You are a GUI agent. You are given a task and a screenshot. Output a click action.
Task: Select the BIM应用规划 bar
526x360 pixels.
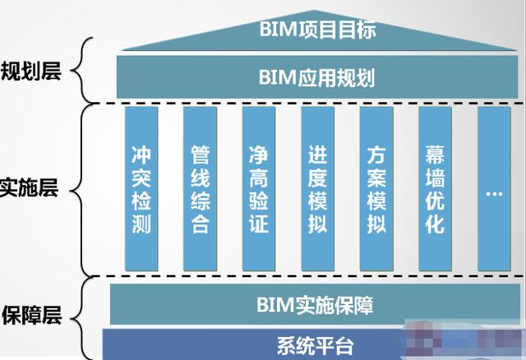pyautogui.click(x=317, y=77)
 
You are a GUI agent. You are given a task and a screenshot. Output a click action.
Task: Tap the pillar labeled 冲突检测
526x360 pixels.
pyautogui.click(x=141, y=189)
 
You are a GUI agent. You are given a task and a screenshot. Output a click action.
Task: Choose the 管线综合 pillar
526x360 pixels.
pyautogui.click(x=200, y=189)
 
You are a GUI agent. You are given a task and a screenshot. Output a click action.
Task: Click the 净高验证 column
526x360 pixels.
pyautogui.click(x=259, y=189)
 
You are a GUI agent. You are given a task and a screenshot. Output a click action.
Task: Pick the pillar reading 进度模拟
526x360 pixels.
pyautogui.click(x=318, y=189)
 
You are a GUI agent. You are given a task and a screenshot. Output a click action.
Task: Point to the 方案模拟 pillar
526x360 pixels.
pyautogui.click(x=376, y=189)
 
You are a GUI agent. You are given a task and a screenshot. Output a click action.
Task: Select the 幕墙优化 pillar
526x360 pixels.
pyautogui.click(x=435, y=189)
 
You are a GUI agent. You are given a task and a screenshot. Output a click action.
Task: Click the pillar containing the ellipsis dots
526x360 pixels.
pyautogui.click(x=494, y=189)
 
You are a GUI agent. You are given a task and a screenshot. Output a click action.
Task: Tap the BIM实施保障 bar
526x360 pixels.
pyautogui.click(x=315, y=305)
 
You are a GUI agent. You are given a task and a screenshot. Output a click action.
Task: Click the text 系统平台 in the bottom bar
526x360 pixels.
pyautogui.click(x=316, y=346)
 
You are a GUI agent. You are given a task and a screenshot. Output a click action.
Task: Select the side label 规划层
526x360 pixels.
pyautogui.click(x=31, y=72)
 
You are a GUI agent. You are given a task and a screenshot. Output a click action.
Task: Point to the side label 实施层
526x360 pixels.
pyautogui.click(x=29, y=188)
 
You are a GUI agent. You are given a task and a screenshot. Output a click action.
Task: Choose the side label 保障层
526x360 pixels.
pyautogui.click(x=31, y=315)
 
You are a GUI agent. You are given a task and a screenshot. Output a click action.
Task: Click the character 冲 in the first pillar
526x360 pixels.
pyautogui.click(x=141, y=155)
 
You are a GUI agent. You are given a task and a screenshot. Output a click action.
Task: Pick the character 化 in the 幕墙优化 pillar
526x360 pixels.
pyautogui.click(x=435, y=224)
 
